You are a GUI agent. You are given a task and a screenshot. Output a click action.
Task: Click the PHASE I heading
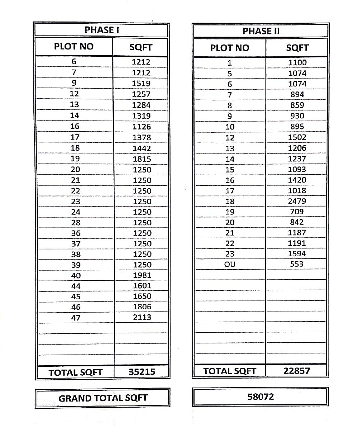pyautogui.click(x=102, y=30)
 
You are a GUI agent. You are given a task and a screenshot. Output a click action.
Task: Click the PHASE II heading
pyautogui.click(x=261, y=31)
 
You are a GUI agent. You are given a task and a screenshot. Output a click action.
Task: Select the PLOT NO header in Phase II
pyautogui.click(x=230, y=48)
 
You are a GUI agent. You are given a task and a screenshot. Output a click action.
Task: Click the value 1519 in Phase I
pyautogui.click(x=141, y=84)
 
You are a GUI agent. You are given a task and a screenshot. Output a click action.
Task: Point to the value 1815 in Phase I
pyautogui.click(x=141, y=159)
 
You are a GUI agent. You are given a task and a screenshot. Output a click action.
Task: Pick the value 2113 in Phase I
pyautogui.click(x=142, y=317)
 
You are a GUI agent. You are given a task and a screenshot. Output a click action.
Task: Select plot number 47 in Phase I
pyautogui.click(x=76, y=318)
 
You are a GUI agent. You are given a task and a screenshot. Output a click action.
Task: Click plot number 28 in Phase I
pyautogui.click(x=76, y=222)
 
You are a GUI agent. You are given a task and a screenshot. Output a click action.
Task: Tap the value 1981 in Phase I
pyautogui.click(x=142, y=275)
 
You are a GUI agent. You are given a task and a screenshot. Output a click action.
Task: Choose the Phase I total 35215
pyautogui.click(x=142, y=372)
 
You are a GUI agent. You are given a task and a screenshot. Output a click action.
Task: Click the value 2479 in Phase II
pyautogui.click(x=297, y=201)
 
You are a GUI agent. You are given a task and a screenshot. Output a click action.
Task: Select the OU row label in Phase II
pyautogui.click(x=230, y=264)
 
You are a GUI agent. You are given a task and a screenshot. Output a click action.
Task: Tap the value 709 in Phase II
pyautogui.click(x=296, y=212)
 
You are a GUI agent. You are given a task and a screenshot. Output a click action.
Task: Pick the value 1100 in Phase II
pyautogui.click(x=298, y=62)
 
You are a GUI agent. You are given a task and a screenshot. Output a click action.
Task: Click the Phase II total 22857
pyautogui.click(x=296, y=371)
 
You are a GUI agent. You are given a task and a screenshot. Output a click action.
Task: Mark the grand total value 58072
pyautogui.click(x=261, y=397)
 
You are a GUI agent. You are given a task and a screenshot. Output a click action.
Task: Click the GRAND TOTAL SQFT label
pyautogui.click(x=103, y=398)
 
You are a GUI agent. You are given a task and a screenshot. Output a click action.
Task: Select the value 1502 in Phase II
pyautogui.click(x=297, y=137)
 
